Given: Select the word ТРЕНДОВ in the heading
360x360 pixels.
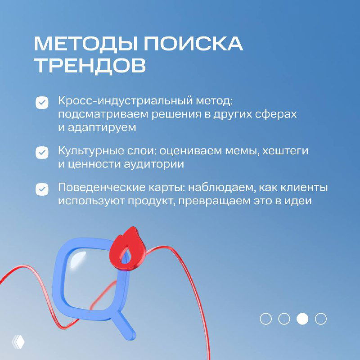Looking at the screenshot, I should click(x=90, y=66).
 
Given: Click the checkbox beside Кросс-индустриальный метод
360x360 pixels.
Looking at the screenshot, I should click(x=42, y=103).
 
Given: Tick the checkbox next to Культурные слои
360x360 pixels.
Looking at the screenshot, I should click(x=42, y=153).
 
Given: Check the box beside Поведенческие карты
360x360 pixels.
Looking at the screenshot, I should click(x=42, y=189).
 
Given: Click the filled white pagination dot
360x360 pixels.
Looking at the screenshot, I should click(x=302, y=319).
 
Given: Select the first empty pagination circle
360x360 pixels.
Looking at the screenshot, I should click(x=266, y=319).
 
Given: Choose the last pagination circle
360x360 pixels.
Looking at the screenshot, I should click(x=321, y=319).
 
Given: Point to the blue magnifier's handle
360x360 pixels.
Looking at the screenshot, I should click(x=125, y=328).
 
